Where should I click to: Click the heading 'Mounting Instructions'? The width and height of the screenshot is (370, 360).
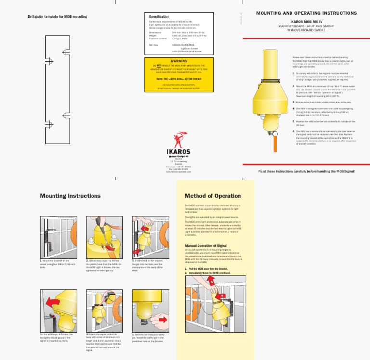(70, 196)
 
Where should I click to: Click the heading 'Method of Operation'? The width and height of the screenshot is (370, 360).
(212, 196)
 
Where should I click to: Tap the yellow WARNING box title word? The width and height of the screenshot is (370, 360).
(179, 61)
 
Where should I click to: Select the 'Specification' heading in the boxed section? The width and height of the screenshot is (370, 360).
(159, 17)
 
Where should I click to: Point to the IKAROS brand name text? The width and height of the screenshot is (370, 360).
(178, 151)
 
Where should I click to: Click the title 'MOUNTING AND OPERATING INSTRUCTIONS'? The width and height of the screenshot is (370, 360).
(306, 13)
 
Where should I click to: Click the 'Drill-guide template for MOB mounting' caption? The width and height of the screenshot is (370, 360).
(57, 17)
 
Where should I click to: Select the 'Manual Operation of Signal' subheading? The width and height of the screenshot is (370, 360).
(206, 245)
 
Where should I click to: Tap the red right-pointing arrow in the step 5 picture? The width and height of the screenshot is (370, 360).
(162, 319)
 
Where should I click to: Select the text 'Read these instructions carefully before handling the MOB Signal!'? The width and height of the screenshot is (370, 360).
(306, 171)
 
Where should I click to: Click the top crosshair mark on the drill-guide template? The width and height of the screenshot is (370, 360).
(65, 52)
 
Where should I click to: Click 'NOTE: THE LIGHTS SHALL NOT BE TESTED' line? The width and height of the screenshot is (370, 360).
(179, 78)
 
